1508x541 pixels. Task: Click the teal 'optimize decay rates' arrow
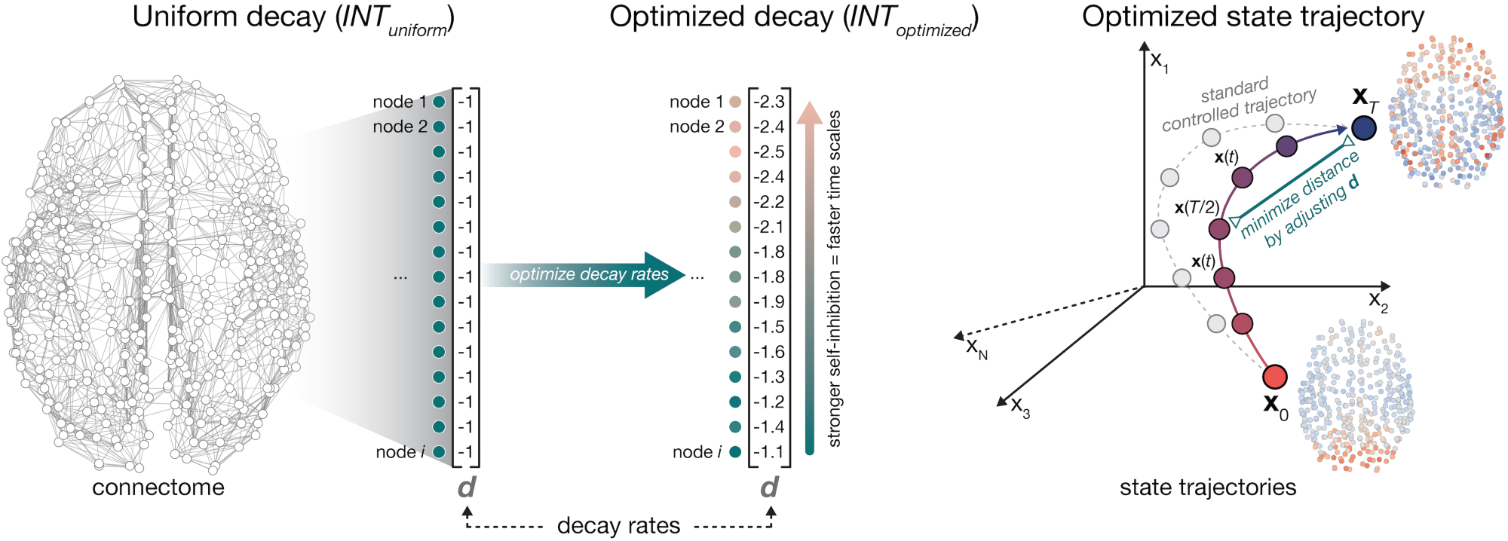tap(588, 275)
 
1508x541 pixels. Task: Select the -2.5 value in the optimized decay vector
tap(769, 151)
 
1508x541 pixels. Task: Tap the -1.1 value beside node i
tap(769, 452)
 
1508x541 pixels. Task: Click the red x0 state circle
tap(1274, 377)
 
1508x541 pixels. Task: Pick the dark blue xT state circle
tap(1363, 127)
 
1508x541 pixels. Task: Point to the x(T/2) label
tap(1196, 207)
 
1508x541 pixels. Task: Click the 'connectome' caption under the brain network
tap(158, 488)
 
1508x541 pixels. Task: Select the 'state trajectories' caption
tap(1207, 488)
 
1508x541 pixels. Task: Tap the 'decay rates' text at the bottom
tap(618, 525)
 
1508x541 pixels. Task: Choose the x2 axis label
tap(1378, 301)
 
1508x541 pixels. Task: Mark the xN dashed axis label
tap(976, 348)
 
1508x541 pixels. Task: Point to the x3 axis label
tap(1019, 407)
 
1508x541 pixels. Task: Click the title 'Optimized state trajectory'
tap(1252, 17)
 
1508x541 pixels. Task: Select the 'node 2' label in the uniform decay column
tap(400, 127)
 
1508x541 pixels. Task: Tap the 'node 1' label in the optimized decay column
tap(696, 102)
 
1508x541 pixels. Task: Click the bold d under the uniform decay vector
tap(467, 488)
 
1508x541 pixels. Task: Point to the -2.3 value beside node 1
tap(769, 102)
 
